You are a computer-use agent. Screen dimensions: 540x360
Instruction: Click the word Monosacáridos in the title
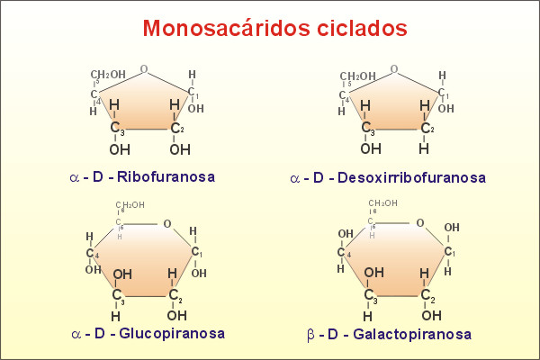tap(226, 28)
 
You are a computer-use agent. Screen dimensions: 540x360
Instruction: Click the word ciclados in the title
tap(362, 28)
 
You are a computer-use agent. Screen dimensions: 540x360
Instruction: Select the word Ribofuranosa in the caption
tap(166, 176)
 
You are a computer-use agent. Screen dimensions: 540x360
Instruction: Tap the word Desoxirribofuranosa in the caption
tap(411, 178)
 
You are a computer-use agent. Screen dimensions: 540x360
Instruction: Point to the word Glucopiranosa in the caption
tap(172, 334)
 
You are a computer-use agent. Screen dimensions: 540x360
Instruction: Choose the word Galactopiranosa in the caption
tap(412, 334)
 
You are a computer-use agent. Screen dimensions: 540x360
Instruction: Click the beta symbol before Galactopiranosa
tap(310, 335)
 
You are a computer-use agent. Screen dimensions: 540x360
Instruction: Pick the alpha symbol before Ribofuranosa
tap(75, 178)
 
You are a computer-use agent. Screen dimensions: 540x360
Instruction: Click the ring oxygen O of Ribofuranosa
tap(144, 69)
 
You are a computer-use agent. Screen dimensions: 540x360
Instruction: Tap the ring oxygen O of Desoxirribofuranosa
tap(394, 69)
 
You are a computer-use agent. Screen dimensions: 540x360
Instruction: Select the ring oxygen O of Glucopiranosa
tap(167, 224)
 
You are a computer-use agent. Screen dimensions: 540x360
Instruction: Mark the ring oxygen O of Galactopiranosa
tap(420, 223)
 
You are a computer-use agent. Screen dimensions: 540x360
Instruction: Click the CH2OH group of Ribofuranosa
tap(108, 75)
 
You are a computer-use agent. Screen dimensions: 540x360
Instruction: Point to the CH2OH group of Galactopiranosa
tap(383, 203)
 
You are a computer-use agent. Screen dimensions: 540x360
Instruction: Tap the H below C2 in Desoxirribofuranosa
tap(424, 148)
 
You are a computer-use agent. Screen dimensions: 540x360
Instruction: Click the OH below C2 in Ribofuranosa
tap(180, 150)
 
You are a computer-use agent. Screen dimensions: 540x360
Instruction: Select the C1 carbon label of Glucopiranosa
tap(196, 252)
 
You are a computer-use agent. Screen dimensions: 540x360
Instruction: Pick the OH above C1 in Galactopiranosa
tap(452, 228)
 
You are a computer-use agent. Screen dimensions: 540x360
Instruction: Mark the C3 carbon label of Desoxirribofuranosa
tap(368, 128)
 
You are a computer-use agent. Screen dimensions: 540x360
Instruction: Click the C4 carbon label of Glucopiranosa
tap(93, 253)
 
